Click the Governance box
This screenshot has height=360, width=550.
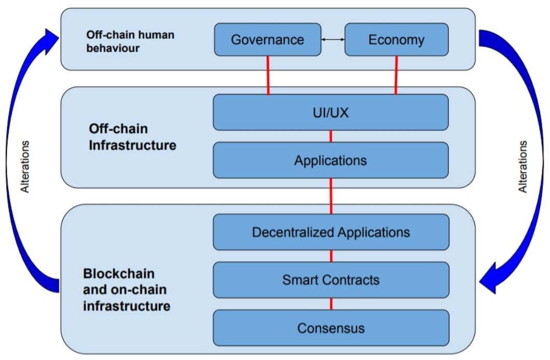267,39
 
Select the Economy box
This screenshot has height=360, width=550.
396,39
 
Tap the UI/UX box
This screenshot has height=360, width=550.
331,112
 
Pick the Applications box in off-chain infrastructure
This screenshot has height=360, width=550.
331,160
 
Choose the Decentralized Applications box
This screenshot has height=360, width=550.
331,232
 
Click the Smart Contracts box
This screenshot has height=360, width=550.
331,280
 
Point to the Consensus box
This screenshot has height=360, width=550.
331,328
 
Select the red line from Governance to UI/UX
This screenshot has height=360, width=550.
268,75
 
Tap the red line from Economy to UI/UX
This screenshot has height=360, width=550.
396,75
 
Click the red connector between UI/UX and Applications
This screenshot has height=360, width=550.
331,136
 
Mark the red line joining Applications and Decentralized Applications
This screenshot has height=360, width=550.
331,196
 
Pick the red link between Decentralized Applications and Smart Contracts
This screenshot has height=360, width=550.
331,256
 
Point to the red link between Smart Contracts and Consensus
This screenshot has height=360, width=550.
331,304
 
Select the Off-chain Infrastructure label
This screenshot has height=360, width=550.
132,136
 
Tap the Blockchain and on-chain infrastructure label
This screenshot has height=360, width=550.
126,289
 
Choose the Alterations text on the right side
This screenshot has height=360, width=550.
523,166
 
